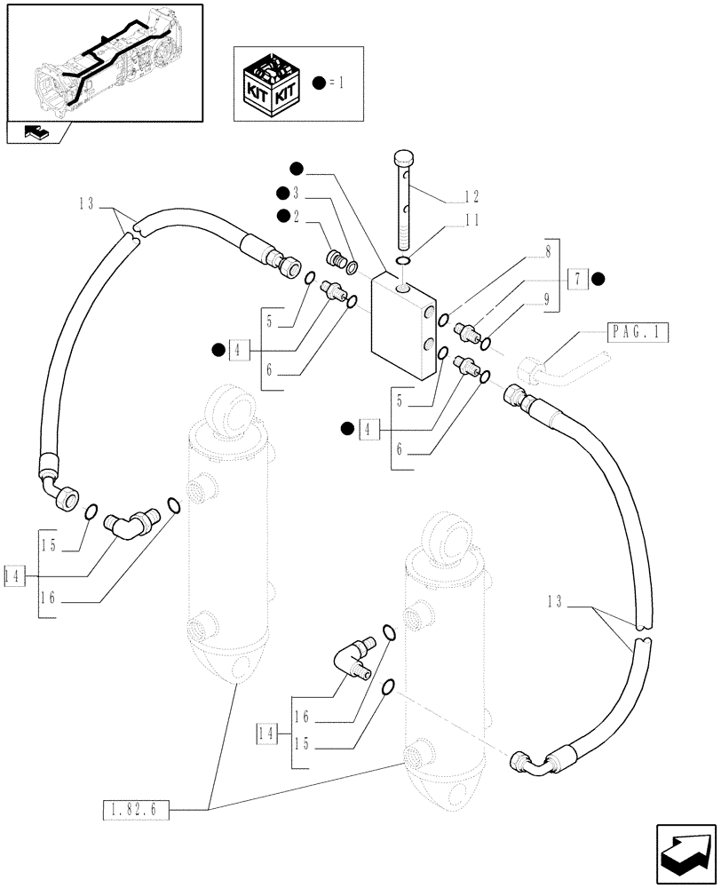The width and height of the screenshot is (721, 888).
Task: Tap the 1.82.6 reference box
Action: tap(135, 808)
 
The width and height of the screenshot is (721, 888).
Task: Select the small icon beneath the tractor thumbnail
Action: tap(38, 133)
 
